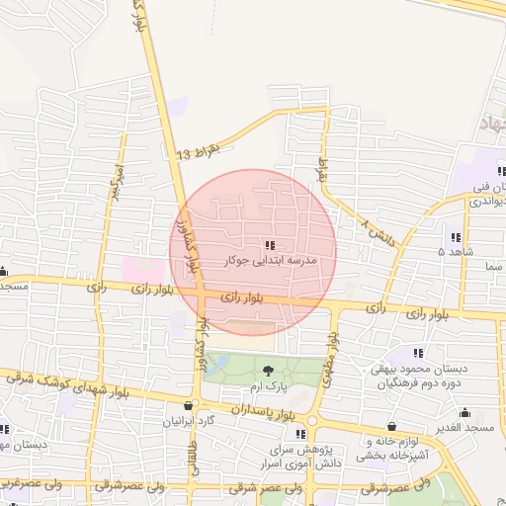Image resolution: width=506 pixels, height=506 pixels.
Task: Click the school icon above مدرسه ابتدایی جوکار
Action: (270, 244)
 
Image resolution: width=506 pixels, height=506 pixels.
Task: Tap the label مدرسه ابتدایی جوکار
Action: (270, 260)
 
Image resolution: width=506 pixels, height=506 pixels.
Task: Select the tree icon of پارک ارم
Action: (269, 371)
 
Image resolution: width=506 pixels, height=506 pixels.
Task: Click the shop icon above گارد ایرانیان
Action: (188, 405)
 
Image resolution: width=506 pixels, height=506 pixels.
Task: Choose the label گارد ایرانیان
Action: (190, 421)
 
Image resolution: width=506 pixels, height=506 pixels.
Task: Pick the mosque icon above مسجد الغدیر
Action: (464, 412)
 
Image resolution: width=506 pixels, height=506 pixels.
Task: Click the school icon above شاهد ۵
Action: (455, 237)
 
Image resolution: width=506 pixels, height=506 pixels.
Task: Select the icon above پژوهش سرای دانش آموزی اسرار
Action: (299, 435)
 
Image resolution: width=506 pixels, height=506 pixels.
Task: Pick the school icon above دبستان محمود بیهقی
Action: (419, 353)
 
